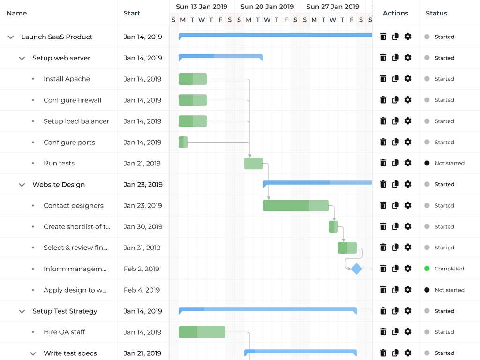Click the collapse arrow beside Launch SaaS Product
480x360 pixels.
[x=11, y=37]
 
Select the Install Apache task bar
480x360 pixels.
[x=192, y=79]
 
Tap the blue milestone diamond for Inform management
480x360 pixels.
[x=357, y=269]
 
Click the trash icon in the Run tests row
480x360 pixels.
[x=383, y=163]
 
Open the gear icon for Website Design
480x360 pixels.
[x=408, y=184]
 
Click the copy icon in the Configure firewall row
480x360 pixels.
[x=396, y=100]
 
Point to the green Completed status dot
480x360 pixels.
[x=427, y=269]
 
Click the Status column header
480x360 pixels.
[x=436, y=13]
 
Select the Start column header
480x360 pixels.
[x=132, y=13]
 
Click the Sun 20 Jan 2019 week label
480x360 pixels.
[x=267, y=7]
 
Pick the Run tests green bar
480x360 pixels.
[x=254, y=163]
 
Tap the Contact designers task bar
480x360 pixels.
[x=295, y=205]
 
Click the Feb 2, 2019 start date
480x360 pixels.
[x=142, y=269]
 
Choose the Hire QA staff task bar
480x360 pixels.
[x=202, y=332]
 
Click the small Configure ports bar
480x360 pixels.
[x=183, y=142]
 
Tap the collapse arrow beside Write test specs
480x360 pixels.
[x=33, y=353]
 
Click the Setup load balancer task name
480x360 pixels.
[x=76, y=121]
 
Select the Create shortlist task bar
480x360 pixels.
[x=333, y=226]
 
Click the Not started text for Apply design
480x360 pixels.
[x=450, y=290]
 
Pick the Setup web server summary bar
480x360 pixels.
[x=220, y=57]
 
